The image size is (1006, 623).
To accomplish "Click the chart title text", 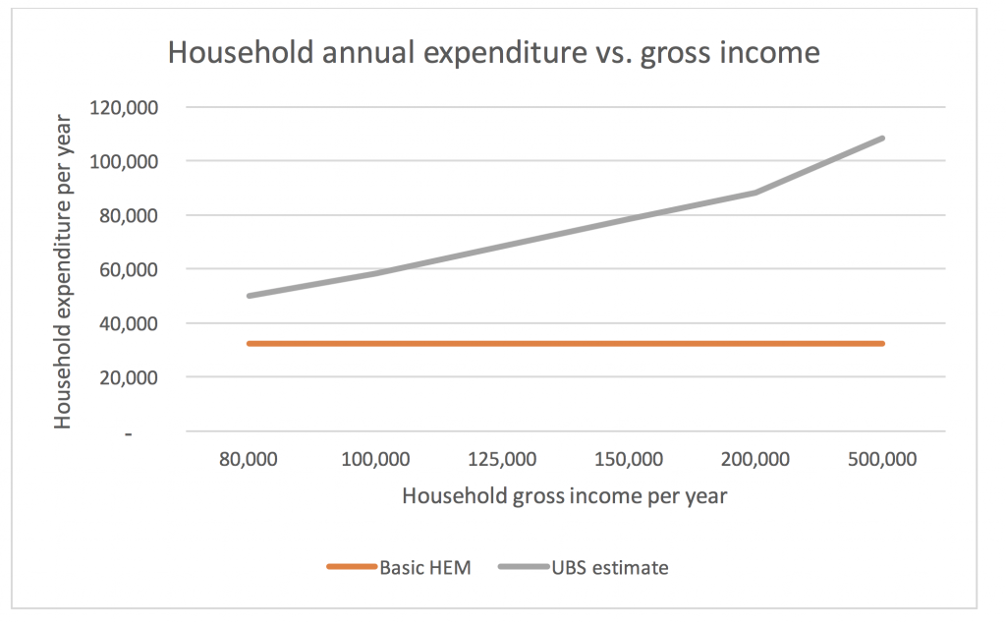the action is [x=493, y=53].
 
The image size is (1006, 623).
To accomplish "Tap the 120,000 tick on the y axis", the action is [x=124, y=108].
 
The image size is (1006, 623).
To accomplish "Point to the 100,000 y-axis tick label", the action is [x=124, y=162].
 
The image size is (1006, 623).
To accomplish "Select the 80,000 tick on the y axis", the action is [x=129, y=215].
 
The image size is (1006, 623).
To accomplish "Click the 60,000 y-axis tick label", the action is [x=129, y=269].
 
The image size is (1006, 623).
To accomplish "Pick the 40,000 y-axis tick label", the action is [x=129, y=323].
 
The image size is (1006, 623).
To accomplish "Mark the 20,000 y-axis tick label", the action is [x=129, y=377].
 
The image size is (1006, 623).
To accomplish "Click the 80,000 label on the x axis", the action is [x=249, y=460].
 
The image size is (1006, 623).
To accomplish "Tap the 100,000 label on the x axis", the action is [x=375, y=460].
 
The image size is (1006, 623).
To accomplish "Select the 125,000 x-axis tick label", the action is [x=502, y=460].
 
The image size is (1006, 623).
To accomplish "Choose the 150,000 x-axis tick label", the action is [x=629, y=460].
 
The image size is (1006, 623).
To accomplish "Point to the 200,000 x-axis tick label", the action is [x=755, y=460].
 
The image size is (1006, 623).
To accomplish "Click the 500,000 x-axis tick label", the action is [x=882, y=460].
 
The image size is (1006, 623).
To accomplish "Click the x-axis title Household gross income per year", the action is [x=565, y=496].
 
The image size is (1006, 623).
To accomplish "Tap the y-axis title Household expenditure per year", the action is [x=63, y=271].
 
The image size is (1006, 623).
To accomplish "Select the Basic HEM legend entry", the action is [x=399, y=568].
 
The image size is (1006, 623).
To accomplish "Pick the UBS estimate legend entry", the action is [x=584, y=568].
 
